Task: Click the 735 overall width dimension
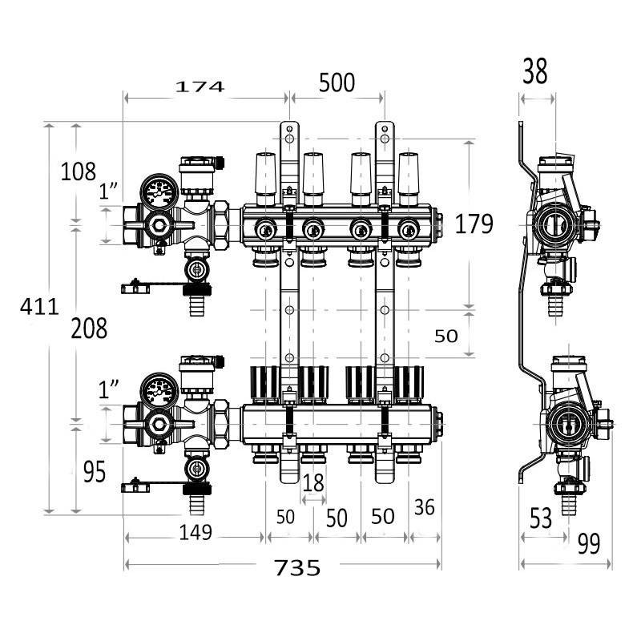[x=297, y=567]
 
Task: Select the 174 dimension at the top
[x=200, y=86]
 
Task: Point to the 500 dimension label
[x=337, y=83]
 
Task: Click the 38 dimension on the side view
[x=534, y=72]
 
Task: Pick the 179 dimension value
[x=474, y=224]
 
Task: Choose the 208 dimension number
[x=89, y=328]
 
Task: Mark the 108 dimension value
[x=79, y=171]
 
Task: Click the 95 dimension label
[x=94, y=473]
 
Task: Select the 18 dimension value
[x=313, y=482]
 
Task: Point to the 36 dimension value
[x=425, y=506]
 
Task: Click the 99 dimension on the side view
[x=588, y=544]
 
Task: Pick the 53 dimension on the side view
[x=541, y=518]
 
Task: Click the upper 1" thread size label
[x=109, y=191]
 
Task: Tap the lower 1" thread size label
[x=109, y=390]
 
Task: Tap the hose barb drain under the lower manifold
[x=196, y=505]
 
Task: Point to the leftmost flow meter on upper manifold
[x=264, y=174]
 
